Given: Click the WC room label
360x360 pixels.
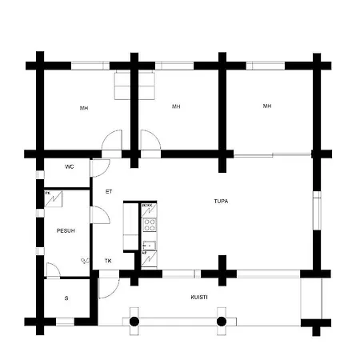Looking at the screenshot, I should pyautogui.click(x=70, y=167).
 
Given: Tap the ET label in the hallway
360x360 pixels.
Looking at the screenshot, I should pyautogui.click(x=109, y=192).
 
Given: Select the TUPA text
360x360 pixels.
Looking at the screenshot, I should pyautogui.click(x=221, y=202).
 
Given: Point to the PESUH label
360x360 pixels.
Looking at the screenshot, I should pyautogui.click(x=66, y=230).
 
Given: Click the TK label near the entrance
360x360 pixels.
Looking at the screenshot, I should pyautogui.click(x=108, y=261).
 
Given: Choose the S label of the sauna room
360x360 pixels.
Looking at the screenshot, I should pyautogui.click(x=66, y=298).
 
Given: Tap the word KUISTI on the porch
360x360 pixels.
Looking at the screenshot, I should pyautogui.click(x=199, y=297).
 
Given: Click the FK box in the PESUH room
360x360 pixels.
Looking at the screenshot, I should pyautogui.click(x=48, y=194).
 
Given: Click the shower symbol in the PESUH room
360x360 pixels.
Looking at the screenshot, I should pyautogui.click(x=83, y=259).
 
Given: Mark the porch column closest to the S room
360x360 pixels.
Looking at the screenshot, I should pyautogui.click(x=134, y=321).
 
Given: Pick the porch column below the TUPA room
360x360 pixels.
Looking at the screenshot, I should pyautogui.click(x=222, y=321).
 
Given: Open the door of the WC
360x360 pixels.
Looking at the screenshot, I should pyautogui.click(x=99, y=168).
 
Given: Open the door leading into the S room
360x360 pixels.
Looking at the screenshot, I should pyautogui.click(x=52, y=270).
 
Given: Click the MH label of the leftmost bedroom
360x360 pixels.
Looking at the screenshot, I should pyautogui.click(x=84, y=108).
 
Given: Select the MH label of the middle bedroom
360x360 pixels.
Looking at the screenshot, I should pyautogui.click(x=176, y=106).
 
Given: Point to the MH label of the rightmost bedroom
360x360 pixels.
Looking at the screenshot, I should pyautogui.click(x=267, y=106).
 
